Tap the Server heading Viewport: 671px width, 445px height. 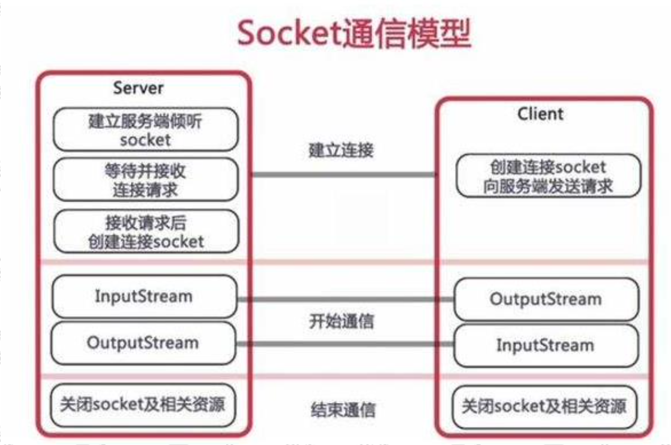[138, 88]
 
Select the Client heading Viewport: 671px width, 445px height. [540, 113]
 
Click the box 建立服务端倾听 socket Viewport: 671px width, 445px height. [145, 130]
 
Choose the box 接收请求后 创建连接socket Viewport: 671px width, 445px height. [145, 232]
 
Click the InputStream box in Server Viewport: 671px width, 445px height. [145, 296]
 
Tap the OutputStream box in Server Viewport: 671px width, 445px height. [145, 343]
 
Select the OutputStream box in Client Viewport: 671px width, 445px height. [545, 299]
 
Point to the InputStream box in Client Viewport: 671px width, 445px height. [545, 345]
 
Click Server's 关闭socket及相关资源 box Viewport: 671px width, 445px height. [143, 404]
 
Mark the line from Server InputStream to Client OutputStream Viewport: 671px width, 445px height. [345, 299]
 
